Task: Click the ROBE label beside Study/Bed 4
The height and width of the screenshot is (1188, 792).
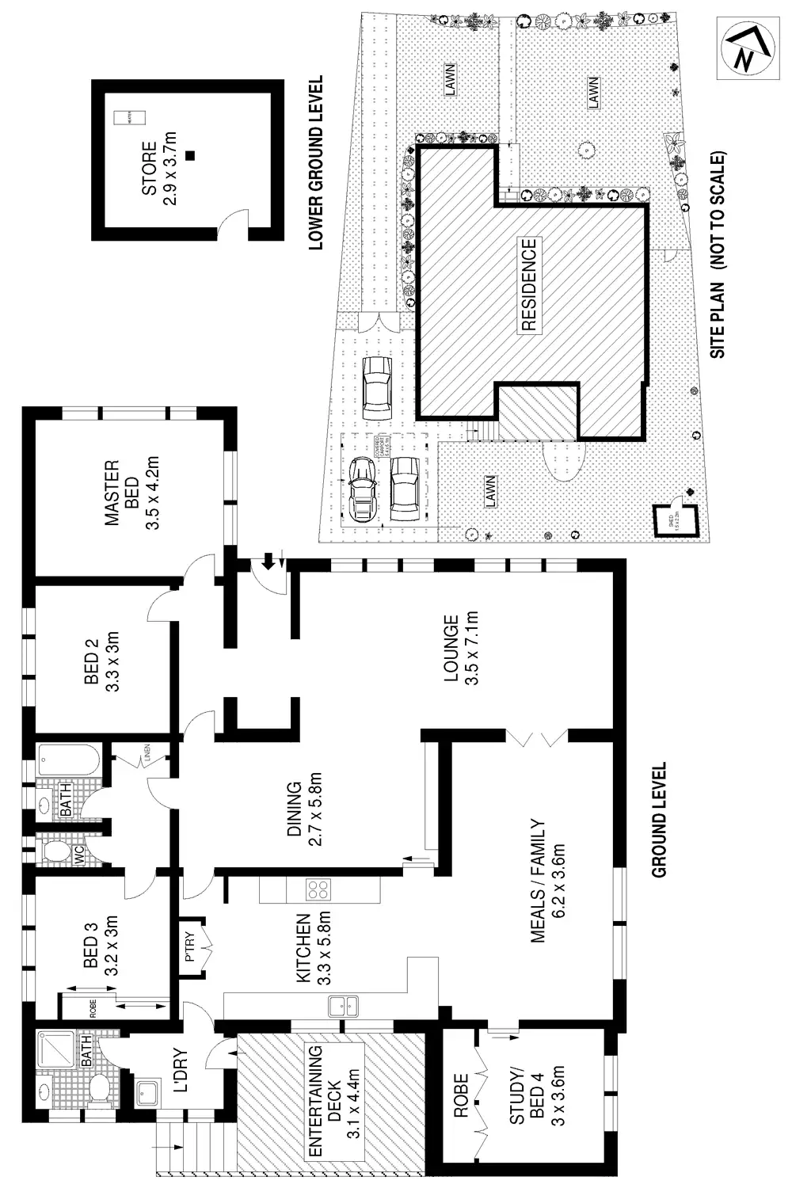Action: (462, 1095)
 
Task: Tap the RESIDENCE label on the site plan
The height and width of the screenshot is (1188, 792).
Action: (527, 284)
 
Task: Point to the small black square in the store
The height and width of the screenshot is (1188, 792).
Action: (188, 155)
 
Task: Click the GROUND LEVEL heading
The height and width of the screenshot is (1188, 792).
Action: (658, 820)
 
